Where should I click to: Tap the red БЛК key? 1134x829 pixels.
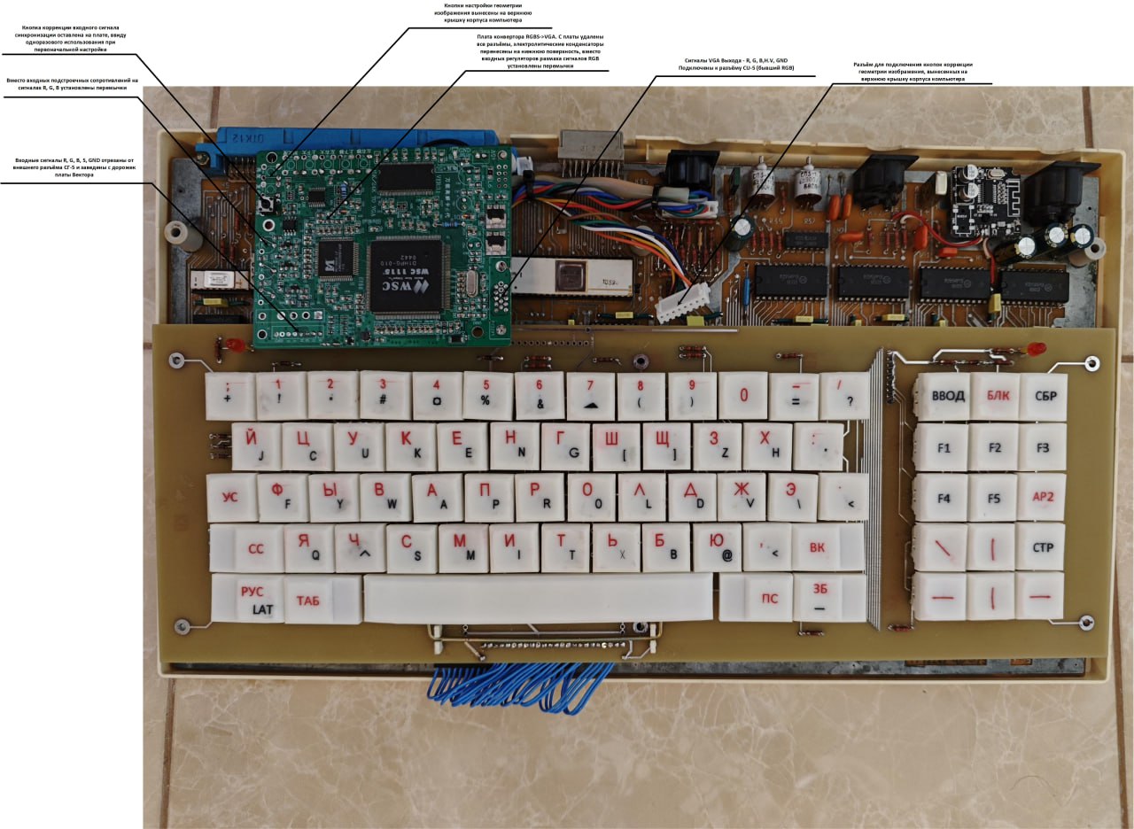pyautogui.click(x=994, y=397)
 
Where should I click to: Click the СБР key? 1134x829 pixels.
pyautogui.click(x=1045, y=397)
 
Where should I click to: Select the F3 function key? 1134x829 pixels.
pyautogui.click(x=1043, y=448)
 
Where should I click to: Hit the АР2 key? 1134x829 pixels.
pyautogui.click(x=1043, y=498)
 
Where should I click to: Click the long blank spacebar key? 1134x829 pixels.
pyautogui.click(x=538, y=598)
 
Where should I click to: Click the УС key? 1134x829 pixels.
pyautogui.click(x=230, y=497)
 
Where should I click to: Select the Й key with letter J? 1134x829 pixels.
pyautogui.click(x=257, y=446)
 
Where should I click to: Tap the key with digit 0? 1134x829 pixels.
pyautogui.click(x=743, y=396)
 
